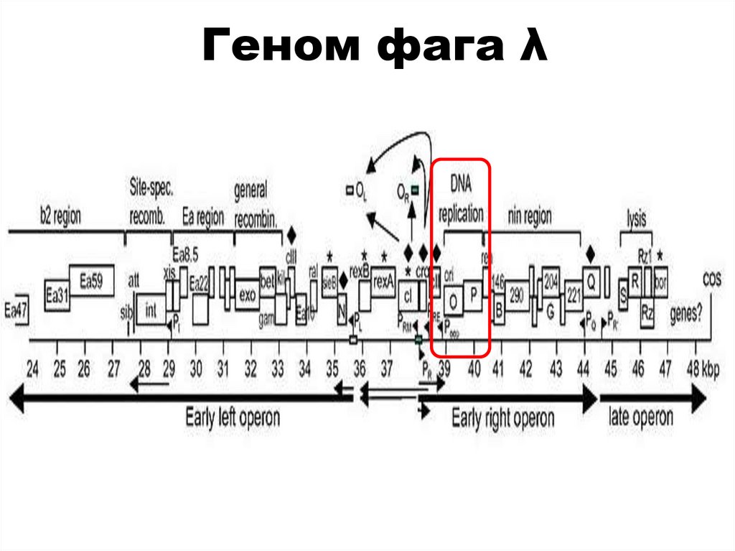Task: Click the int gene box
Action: coord(151,310)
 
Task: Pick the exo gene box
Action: coord(247,295)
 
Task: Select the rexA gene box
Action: coord(384,282)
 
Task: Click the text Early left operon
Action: coord(232,417)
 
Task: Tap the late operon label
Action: coord(640,416)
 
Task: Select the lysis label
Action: coord(636,216)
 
